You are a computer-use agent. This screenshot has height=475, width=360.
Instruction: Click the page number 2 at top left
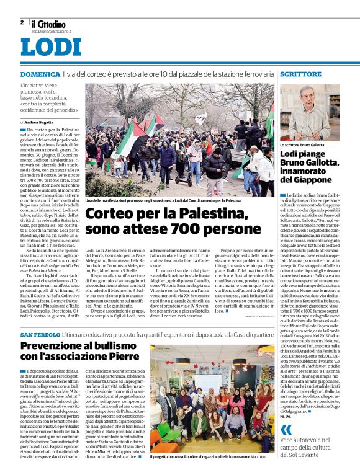pyautogui.click(x=21, y=22)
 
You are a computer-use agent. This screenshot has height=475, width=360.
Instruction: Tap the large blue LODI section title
pyautogui.click(x=51, y=48)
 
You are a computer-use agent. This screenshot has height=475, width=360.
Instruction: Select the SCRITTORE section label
pyautogui.click(x=300, y=74)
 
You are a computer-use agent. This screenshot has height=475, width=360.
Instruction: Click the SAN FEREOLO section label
pyautogui.click(x=41, y=334)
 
